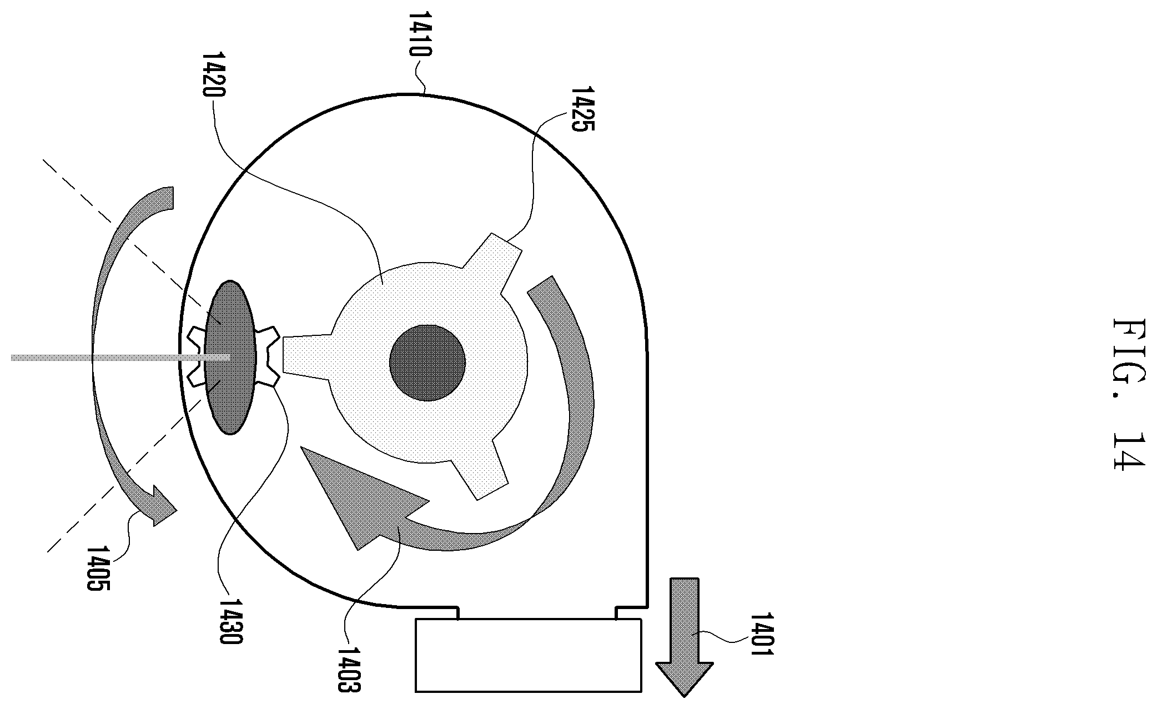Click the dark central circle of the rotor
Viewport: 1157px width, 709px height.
tap(427, 363)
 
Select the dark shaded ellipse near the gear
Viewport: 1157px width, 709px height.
tap(230, 357)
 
